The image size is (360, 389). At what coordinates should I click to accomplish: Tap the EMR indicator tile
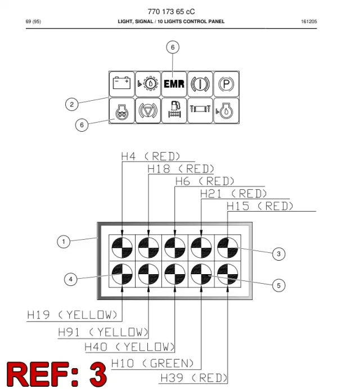[x=174, y=84]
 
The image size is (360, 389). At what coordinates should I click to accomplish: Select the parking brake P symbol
[x=226, y=84]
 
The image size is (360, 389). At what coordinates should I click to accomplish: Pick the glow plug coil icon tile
[x=121, y=110]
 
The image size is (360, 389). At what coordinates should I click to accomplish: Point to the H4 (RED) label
[x=151, y=157]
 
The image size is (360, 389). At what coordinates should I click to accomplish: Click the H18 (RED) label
[x=181, y=169]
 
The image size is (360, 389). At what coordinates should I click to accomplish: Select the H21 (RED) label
[x=233, y=194]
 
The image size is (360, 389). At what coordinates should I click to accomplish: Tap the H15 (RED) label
[x=260, y=206]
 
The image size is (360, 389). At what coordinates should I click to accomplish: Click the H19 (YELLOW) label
[x=72, y=315]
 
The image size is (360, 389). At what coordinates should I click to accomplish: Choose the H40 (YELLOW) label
[x=130, y=347]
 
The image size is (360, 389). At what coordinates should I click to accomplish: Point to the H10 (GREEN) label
[x=152, y=364]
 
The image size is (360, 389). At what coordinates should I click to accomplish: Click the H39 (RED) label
[x=194, y=378]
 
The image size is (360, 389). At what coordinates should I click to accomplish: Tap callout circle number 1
[x=64, y=242]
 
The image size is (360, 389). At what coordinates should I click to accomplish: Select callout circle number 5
[x=278, y=285]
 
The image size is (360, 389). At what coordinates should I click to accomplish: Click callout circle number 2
[x=72, y=104]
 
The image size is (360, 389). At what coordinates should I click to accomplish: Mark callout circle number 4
[x=71, y=279]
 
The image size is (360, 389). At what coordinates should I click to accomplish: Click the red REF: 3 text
[x=57, y=374]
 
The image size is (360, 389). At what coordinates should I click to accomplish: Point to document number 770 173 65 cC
[x=172, y=11]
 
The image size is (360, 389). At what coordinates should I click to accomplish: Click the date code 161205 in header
[x=309, y=21]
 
